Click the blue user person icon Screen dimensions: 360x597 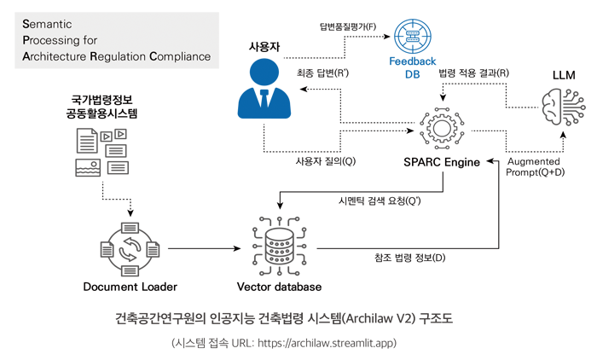point(264,87)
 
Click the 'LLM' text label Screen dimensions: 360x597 point(564,75)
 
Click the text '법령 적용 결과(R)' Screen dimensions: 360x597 point(474,73)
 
